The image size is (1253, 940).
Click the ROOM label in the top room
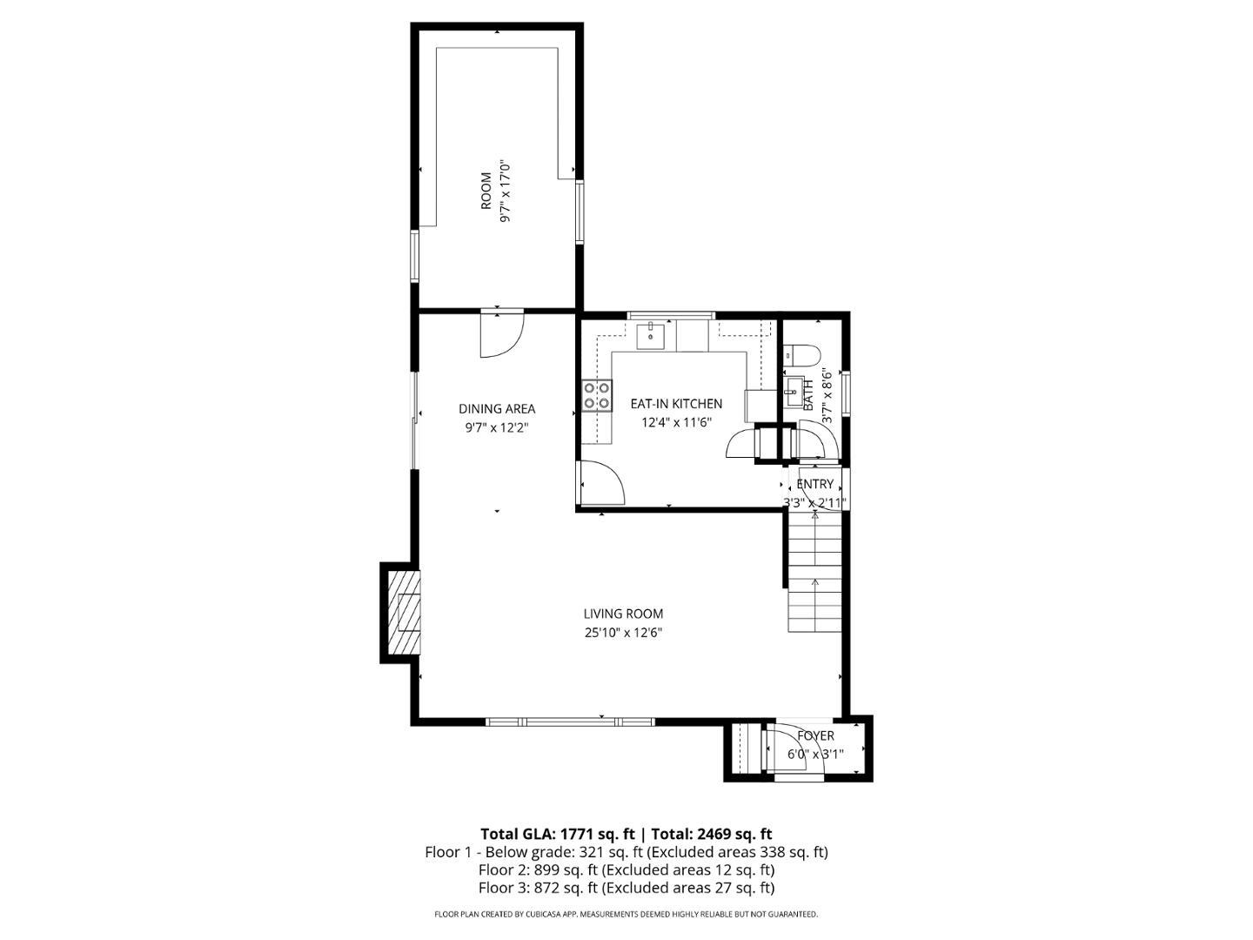[x=486, y=191]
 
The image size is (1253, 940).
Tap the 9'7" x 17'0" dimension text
[x=505, y=191]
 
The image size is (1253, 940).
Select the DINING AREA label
[x=497, y=409]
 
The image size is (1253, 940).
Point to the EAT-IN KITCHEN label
[x=676, y=404]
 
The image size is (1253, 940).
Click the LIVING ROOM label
[x=623, y=614]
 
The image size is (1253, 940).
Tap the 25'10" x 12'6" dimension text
[x=623, y=633]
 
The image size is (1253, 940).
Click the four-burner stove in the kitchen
[x=597, y=396]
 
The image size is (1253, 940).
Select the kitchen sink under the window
[x=651, y=336]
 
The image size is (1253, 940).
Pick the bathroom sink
[x=794, y=392]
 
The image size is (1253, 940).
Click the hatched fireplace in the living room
[x=404, y=613]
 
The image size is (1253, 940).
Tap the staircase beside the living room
[x=814, y=572]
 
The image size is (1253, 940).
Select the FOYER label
[x=815, y=735]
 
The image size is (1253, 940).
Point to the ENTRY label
[x=814, y=484]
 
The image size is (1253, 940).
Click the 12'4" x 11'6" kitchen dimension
[x=676, y=422]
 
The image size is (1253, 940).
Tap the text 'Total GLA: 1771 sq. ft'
[x=558, y=834]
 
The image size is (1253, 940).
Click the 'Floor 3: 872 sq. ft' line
[x=537, y=888]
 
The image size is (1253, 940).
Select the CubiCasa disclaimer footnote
[x=626, y=914]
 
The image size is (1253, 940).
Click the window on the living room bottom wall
[x=570, y=722]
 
